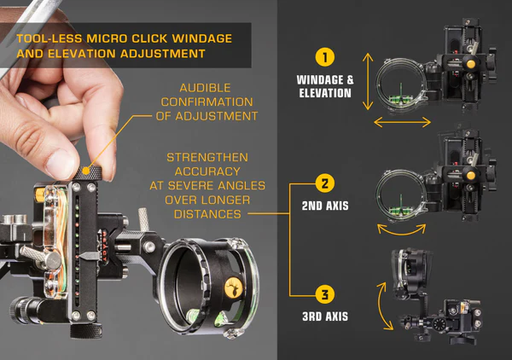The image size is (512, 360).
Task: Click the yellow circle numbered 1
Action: (325, 57)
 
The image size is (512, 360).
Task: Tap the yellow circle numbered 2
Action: (325, 183)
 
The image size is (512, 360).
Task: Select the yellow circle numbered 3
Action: (325, 294)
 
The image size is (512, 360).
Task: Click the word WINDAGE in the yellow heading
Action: (202, 38)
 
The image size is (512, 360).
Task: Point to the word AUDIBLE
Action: (206, 88)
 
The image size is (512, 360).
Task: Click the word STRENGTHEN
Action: (207, 157)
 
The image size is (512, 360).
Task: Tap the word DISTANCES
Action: (207, 214)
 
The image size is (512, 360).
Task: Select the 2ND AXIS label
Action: (325, 206)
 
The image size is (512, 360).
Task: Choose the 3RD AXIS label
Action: (325, 316)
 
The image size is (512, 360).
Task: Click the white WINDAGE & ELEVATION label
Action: (325, 86)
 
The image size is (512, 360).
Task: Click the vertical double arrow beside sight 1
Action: (368, 81)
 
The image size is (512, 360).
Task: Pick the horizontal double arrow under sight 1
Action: (402, 122)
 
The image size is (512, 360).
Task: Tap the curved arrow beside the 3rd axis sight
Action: (380, 306)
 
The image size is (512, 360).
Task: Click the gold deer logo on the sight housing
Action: (234, 288)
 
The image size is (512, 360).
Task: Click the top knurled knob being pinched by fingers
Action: (88, 172)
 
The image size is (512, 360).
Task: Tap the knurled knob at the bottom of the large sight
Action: (86, 331)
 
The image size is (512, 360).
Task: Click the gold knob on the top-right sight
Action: (470, 64)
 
